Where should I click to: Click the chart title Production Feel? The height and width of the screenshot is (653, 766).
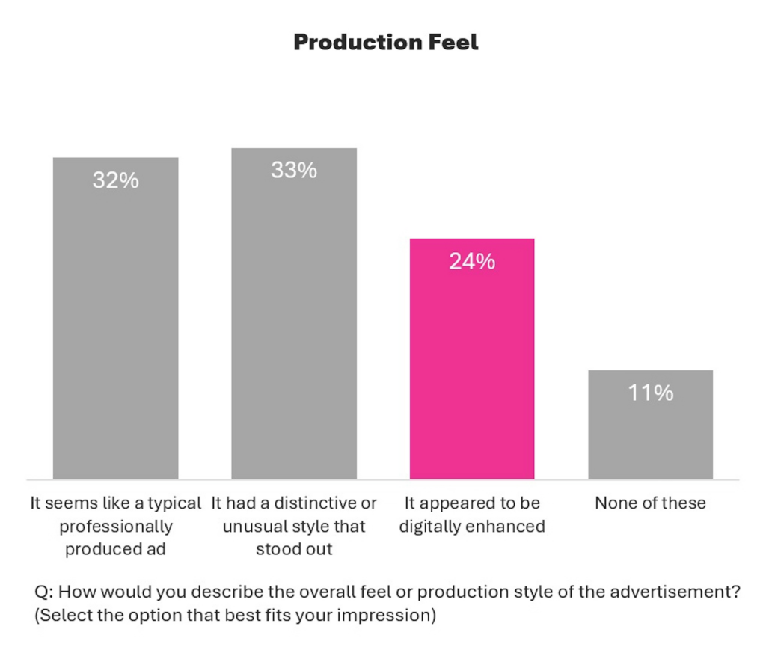[x=385, y=43]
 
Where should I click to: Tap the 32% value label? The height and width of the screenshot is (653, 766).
[x=115, y=180]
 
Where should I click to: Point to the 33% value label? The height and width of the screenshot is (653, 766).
[x=294, y=171]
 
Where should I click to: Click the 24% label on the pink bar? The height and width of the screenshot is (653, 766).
[x=472, y=261]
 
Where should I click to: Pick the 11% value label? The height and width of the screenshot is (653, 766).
[x=650, y=393]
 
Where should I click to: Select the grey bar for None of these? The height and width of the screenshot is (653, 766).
[x=650, y=434]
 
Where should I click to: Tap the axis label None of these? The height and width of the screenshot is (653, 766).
[x=650, y=503]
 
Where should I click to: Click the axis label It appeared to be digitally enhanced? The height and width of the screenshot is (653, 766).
[x=472, y=515]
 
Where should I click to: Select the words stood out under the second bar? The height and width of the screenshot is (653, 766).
[x=294, y=549]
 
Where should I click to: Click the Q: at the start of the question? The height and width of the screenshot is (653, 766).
[x=44, y=592]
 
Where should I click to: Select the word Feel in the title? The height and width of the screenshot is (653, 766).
[x=453, y=43]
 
